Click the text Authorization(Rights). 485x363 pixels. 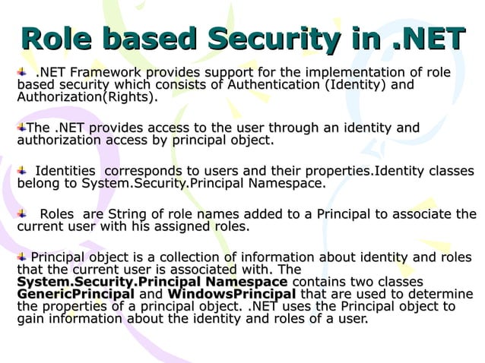88,98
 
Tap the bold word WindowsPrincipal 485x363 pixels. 231,294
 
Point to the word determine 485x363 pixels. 441,294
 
